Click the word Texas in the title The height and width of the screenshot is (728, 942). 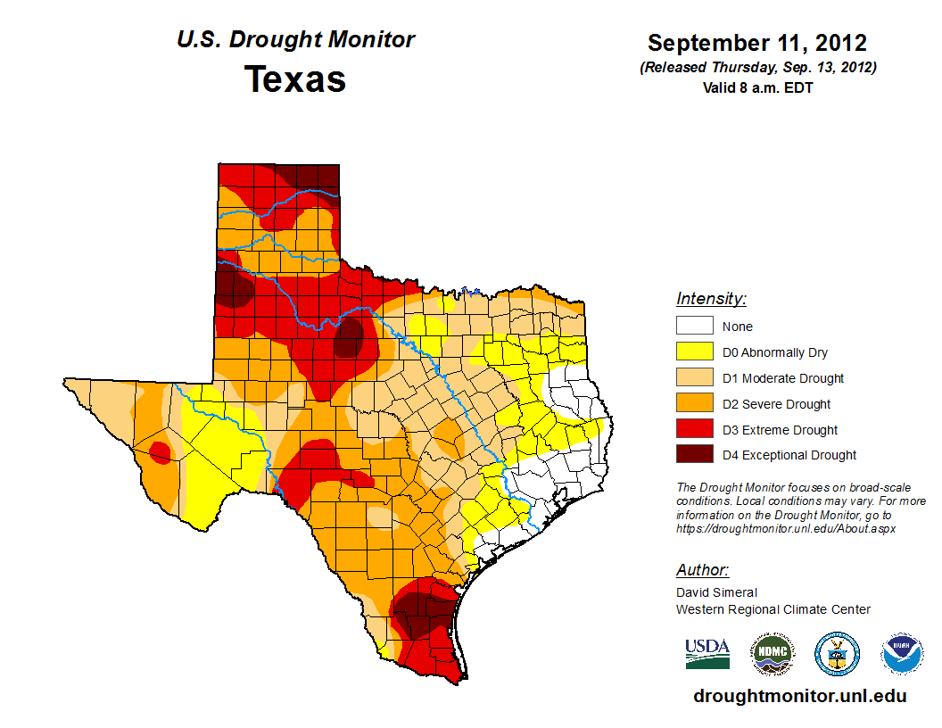pyautogui.click(x=295, y=79)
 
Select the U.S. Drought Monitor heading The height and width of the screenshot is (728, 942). pyautogui.click(x=295, y=40)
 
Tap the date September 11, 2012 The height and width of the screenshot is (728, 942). pyautogui.click(x=756, y=43)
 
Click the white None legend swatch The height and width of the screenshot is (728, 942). pyautogui.click(x=694, y=327)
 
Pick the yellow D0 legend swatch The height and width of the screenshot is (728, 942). pyautogui.click(x=694, y=352)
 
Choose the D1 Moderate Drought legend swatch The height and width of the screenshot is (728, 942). pyautogui.click(x=694, y=378)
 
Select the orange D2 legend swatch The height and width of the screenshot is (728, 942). pyautogui.click(x=694, y=404)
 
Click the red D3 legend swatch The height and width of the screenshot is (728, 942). pyautogui.click(x=694, y=430)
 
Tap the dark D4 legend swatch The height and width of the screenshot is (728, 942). pyautogui.click(x=694, y=455)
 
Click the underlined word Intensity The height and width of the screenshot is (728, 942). pyautogui.click(x=711, y=299)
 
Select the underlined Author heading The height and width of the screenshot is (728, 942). pyautogui.click(x=702, y=570)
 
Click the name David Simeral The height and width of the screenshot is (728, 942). pyautogui.click(x=716, y=592)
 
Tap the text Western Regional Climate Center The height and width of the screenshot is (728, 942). pyautogui.click(x=773, y=609)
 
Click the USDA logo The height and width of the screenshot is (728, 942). pyautogui.click(x=707, y=654)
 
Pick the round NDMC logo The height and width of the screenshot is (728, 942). pyautogui.click(x=771, y=654)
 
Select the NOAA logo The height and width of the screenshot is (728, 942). pyautogui.click(x=903, y=654)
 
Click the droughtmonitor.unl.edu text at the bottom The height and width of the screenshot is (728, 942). pyautogui.click(x=799, y=697)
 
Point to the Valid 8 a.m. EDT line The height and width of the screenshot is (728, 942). pyautogui.click(x=757, y=87)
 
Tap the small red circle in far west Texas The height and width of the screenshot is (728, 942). pyautogui.click(x=161, y=452)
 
